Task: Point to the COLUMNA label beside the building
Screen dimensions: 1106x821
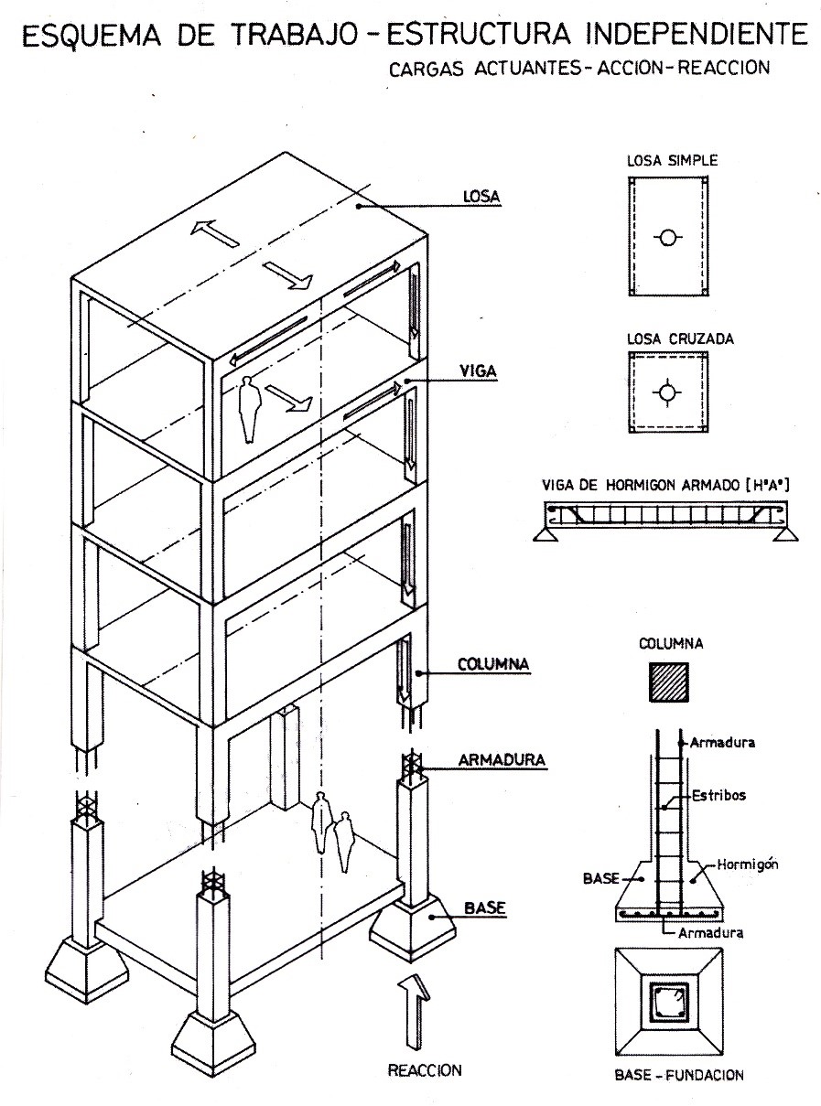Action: pyautogui.click(x=491, y=663)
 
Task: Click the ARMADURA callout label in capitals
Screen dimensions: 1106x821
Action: pyautogui.click(x=503, y=759)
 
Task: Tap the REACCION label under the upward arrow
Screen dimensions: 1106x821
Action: pyautogui.click(x=425, y=1068)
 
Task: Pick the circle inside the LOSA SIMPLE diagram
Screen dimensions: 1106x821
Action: pyautogui.click(x=668, y=238)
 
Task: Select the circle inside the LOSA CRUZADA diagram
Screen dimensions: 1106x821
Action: pyautogui.click(x=668, y=392)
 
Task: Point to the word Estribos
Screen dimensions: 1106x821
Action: pyautogui.click(x=718, y=795)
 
